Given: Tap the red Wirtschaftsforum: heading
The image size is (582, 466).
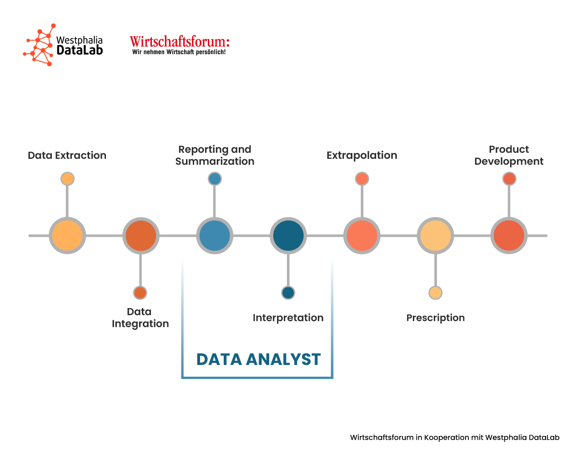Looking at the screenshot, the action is pos(180,42).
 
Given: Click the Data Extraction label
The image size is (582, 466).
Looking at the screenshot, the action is pos(67,156).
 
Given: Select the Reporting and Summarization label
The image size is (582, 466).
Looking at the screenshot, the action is pos(215,156).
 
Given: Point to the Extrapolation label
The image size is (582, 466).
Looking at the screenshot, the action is pos(362,156).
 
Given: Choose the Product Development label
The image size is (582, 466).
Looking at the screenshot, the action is pos(509,156).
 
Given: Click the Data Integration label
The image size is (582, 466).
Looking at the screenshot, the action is pos(140,318).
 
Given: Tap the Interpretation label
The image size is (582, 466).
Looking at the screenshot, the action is pos(288,318).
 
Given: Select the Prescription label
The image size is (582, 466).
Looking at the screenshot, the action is pos(436,318).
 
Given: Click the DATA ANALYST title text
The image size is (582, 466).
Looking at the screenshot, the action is pos(259,360).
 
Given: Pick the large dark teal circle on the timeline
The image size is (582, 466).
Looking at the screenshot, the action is pos(288,236).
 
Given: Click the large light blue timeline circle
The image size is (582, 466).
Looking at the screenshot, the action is pos(215,236).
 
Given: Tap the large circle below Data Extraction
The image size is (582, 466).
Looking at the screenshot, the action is pos(67,236).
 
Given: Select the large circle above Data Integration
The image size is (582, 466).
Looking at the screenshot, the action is pos(141,236).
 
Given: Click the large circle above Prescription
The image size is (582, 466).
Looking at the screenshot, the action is pos(436,236).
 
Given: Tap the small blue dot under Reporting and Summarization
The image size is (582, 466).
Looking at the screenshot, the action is pos(215,179).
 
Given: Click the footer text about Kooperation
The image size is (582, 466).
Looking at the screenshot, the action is pos(455,438).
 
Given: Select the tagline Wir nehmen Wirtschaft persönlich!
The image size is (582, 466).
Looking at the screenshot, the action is pos(179,52).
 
